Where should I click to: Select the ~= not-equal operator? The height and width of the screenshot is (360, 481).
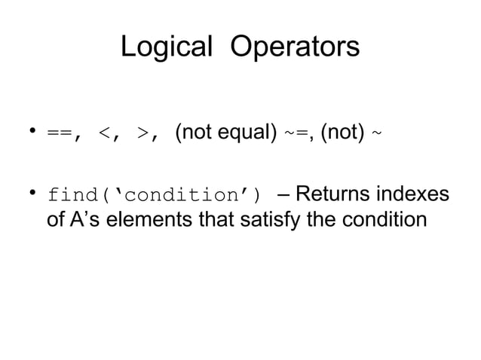(295, 135)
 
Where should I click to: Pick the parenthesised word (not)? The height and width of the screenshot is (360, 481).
(343, 135)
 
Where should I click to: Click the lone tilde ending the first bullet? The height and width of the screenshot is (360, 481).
(377, 135)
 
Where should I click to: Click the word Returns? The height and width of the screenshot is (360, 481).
(331, 196)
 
